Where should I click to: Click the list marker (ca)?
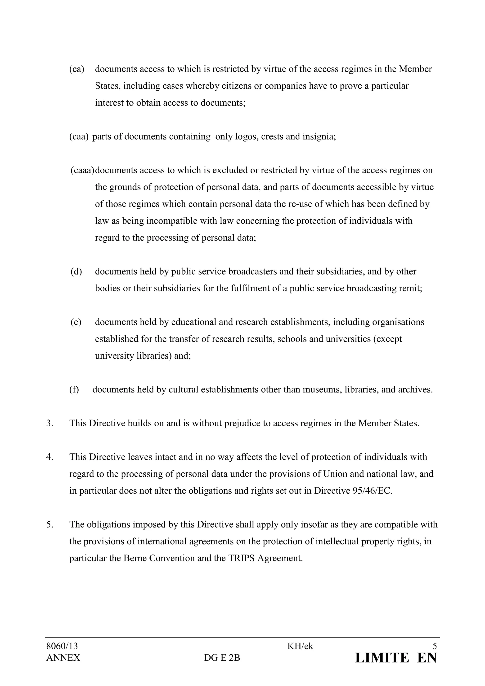[77, 69]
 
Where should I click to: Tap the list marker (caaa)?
[82, 171]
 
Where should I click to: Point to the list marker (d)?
[76, 272]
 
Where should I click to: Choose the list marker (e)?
[76, 322]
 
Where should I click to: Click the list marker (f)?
[74, 390]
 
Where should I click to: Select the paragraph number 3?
[49, 423]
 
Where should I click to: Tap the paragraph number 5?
[49, 524]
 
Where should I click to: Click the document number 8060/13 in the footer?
[62, 646]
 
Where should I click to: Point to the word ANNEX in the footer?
[63, 658]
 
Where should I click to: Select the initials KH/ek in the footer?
[300, 646]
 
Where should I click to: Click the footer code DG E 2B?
[222, 658]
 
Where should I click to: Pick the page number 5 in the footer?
[435, 646]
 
